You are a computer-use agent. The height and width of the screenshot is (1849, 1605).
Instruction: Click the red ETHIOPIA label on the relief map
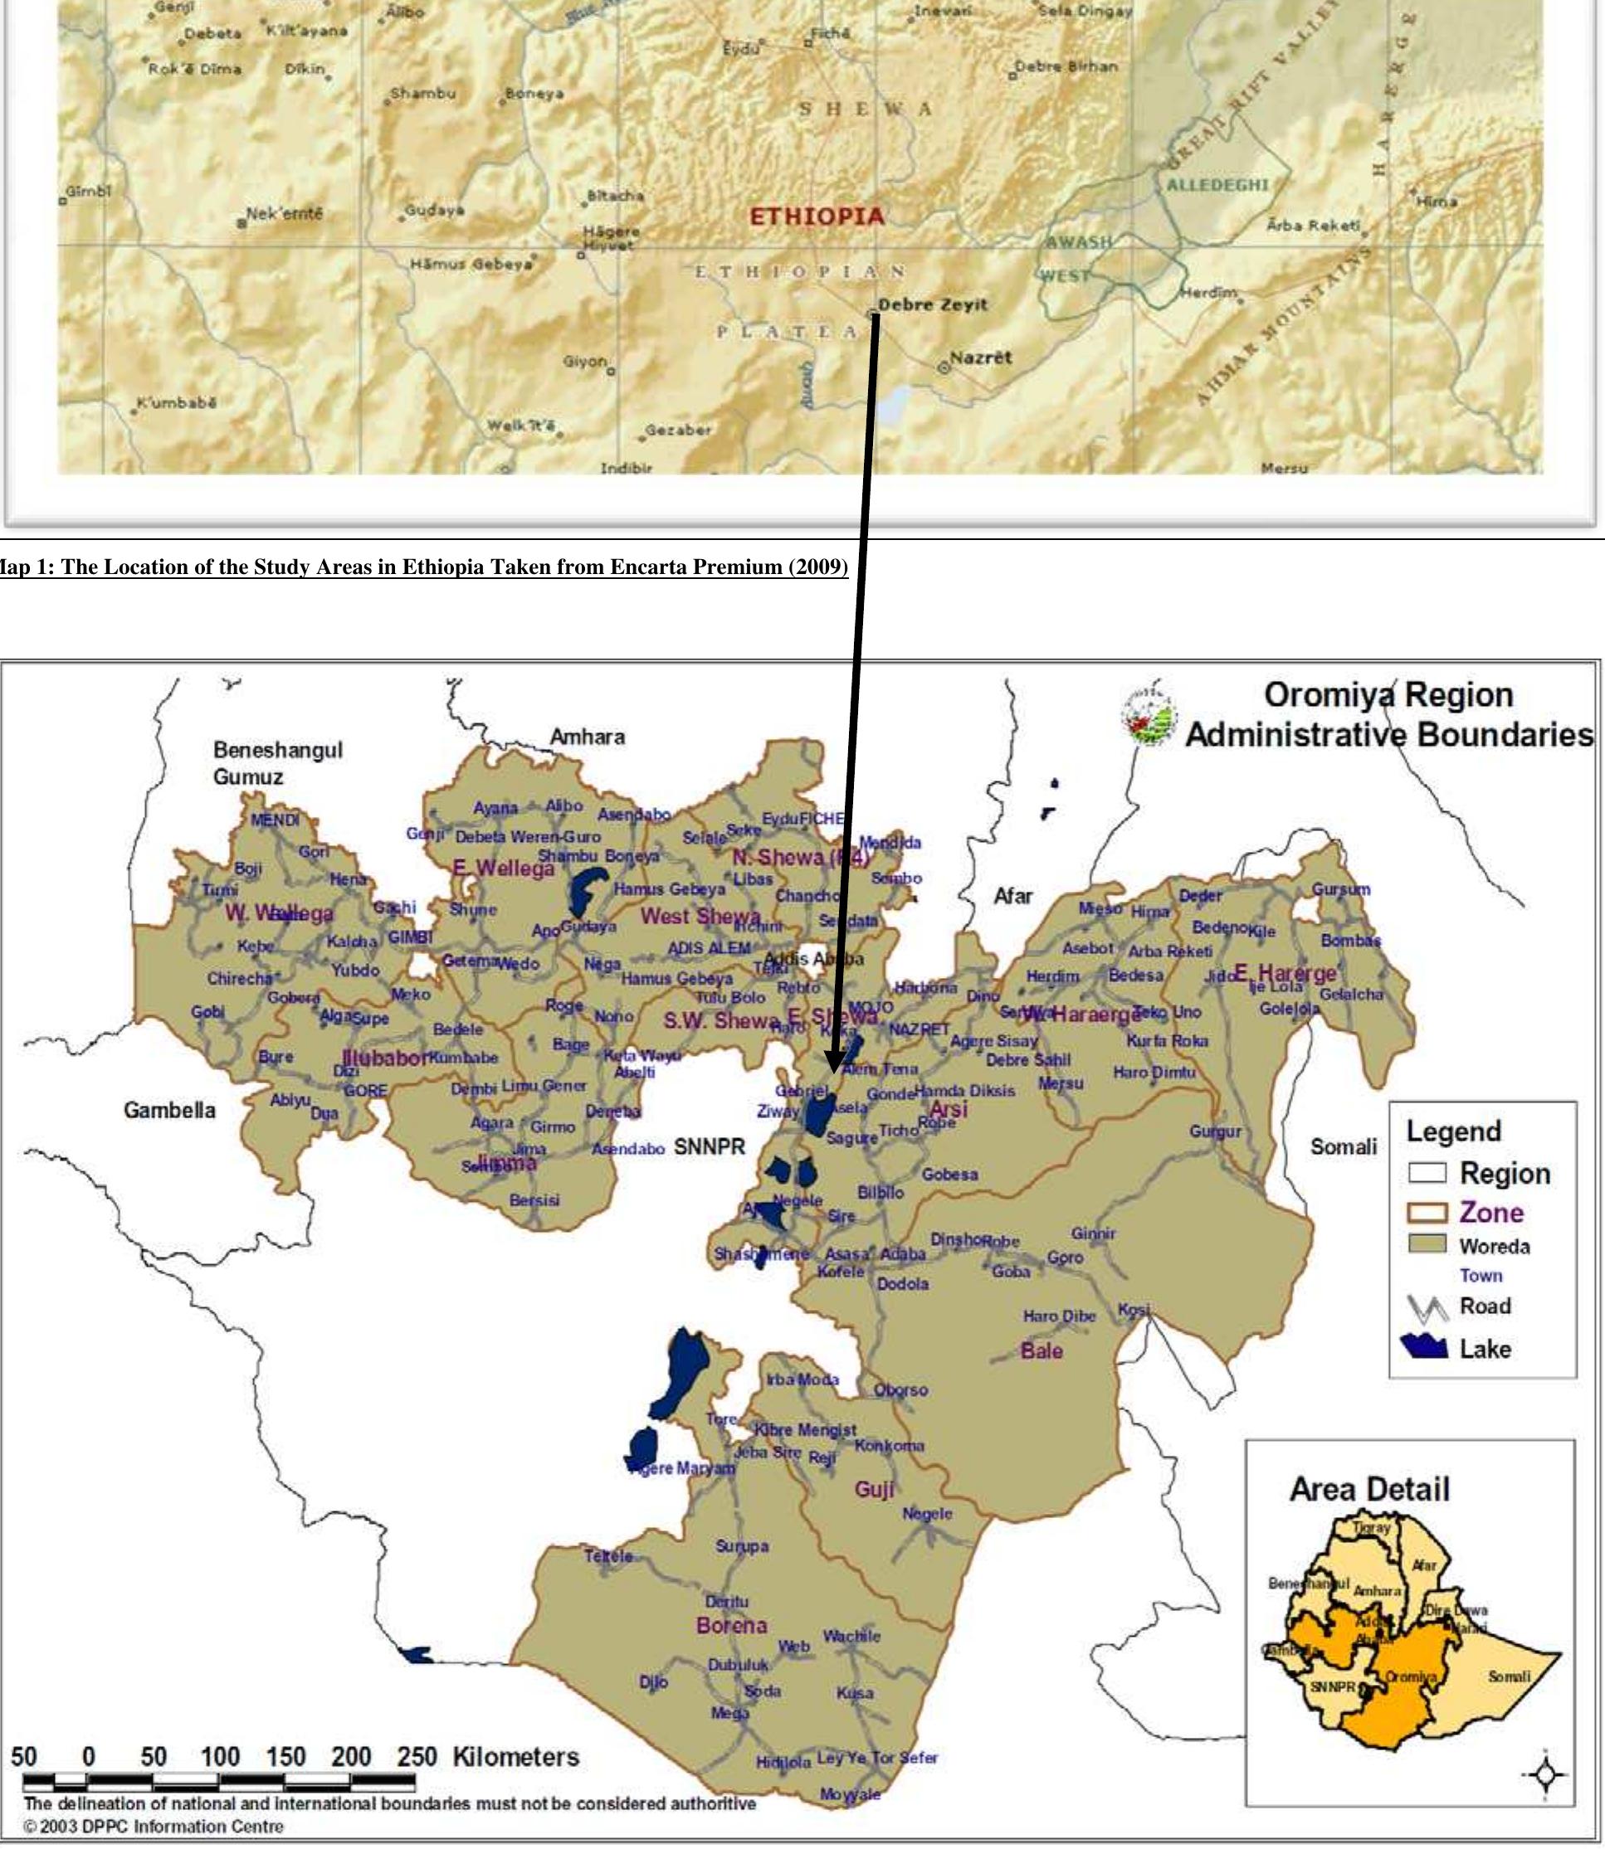coord(816,216)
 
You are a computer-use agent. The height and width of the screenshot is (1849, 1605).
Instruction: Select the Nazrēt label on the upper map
coord(980,358)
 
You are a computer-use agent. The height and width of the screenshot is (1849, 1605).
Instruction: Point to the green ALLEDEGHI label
coord(1217,184)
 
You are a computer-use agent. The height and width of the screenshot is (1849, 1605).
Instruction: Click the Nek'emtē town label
coord(283,214)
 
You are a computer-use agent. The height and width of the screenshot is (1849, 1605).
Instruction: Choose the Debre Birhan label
coord(1066,66)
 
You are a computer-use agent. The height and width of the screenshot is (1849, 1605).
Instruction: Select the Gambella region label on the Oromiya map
coord(169,1110)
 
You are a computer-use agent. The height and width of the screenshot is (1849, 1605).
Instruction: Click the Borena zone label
coord(731,1625)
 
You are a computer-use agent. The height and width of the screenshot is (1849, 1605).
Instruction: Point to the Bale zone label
coord(1041,1350)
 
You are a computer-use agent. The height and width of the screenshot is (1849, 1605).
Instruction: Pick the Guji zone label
coord(873,1489)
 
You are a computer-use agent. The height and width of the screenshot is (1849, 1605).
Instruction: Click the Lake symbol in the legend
coord(1425,1348)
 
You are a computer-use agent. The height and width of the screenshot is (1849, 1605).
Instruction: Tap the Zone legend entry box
coord(1427,1213)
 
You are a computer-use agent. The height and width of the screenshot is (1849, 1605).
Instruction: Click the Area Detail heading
coord(1368,1489)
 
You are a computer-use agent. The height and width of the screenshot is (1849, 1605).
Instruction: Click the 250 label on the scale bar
coord(417,1756)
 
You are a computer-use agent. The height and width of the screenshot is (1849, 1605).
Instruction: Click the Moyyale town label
coord(850,1794)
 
